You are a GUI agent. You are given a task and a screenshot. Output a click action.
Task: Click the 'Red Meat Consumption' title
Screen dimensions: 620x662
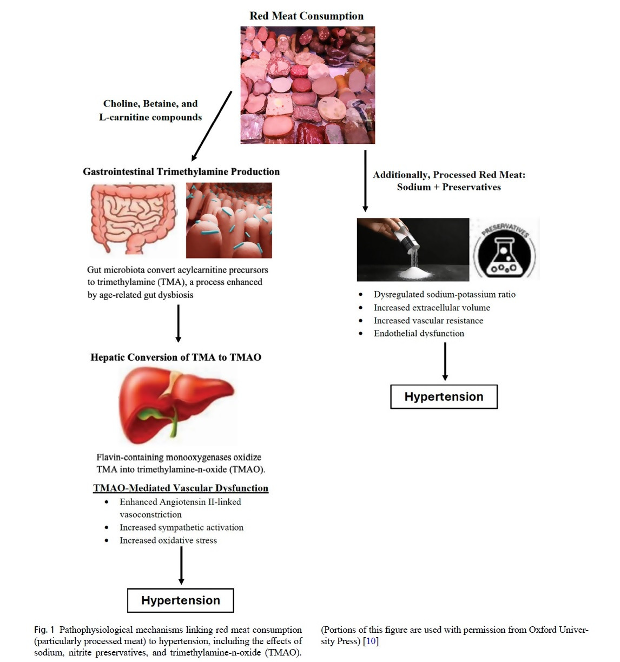click(307, 16)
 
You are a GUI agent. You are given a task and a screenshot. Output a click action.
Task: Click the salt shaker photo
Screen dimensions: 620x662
click(413, 250)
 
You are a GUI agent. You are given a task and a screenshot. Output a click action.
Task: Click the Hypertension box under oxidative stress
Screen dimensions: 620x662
click(181, 600)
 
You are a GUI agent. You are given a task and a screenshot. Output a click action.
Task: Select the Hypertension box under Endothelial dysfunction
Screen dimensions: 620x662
click(444, 396)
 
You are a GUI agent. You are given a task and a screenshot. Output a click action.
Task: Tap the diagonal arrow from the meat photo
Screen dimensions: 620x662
click(212, 125)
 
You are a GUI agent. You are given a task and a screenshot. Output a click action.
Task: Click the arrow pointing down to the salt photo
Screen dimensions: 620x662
click(365, 181)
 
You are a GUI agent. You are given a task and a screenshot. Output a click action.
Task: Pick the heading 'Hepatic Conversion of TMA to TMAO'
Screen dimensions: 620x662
click(176, 357)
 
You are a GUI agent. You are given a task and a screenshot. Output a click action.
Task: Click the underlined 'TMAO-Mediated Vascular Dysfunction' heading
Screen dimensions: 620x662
click(181, 488)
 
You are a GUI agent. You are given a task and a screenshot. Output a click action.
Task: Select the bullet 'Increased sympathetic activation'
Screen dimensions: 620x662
click(181, 527)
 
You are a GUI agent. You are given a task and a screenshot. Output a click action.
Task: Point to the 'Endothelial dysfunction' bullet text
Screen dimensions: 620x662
click(419, 333)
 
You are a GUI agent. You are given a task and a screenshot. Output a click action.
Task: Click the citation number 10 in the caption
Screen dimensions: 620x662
click(371, 641)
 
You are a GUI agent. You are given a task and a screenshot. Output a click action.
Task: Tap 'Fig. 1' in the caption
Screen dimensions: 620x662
click(44, 630)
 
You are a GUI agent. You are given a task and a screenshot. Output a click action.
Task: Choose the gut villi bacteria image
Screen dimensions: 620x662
click(229, 220)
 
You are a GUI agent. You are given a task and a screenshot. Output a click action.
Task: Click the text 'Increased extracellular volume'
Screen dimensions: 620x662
click(432, 307)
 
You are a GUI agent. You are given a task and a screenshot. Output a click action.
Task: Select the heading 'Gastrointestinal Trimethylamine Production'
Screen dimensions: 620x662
click(181, 171)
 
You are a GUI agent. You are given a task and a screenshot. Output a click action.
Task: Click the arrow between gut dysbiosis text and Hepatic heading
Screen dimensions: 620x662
click(179, 323)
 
